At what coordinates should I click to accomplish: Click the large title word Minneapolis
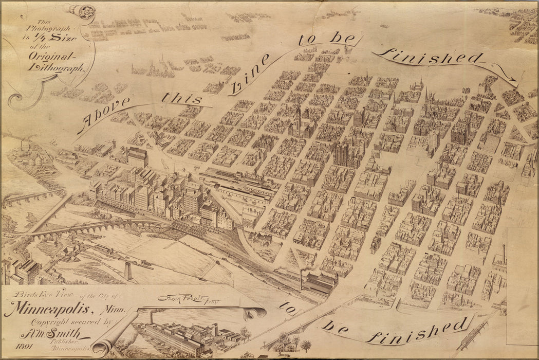tap(46, 310)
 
